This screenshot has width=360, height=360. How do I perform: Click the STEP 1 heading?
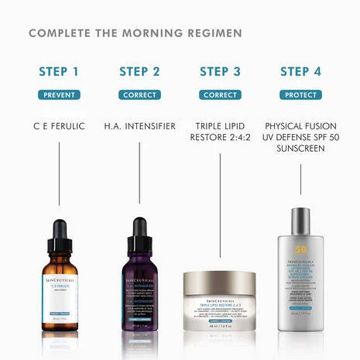[59, 72]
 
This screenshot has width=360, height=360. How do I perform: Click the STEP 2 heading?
[139, 72]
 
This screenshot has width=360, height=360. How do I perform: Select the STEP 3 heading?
[220, 72]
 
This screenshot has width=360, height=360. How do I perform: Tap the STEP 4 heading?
[300, 72]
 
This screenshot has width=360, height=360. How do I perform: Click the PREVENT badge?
[59, 94]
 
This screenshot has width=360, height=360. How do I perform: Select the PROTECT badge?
[300, 94]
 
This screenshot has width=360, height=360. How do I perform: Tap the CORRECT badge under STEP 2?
[139, 94]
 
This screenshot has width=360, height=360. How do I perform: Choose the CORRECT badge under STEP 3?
[220, 94]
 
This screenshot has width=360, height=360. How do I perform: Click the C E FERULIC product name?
[59, 125]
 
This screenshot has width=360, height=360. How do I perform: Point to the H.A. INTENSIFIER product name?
[139, 125]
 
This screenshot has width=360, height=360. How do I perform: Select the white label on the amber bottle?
[60, 291]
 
